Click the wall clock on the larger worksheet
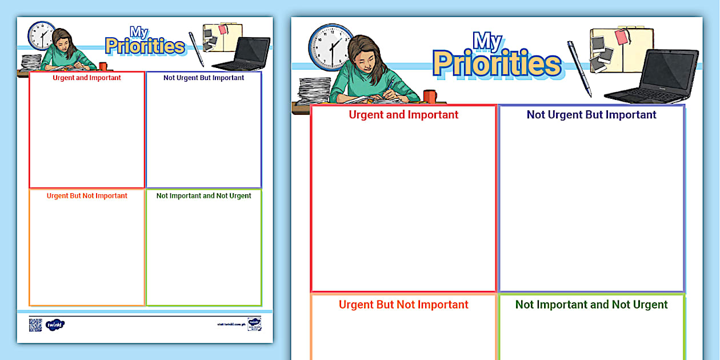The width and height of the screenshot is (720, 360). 331,46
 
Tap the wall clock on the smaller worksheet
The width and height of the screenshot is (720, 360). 41,35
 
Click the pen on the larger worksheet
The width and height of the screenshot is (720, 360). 579,68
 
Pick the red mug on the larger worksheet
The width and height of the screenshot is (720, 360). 430,97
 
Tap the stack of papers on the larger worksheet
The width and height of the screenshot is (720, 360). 315,91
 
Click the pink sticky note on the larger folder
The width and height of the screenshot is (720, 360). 622,37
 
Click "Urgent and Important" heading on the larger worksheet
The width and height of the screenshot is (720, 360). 403,115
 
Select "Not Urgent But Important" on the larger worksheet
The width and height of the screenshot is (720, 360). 591,115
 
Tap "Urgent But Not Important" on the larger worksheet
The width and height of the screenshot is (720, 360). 403,305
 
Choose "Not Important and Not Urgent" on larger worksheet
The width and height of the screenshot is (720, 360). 591,305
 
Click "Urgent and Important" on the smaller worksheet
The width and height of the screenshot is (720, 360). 87,78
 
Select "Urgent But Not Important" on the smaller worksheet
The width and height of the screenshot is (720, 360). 87,195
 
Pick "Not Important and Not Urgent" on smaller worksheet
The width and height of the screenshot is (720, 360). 203,195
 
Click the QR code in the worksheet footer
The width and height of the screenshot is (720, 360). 35,325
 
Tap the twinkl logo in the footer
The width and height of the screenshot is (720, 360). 55,325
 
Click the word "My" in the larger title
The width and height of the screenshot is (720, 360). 487,41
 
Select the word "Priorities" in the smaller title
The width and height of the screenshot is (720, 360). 145,46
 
